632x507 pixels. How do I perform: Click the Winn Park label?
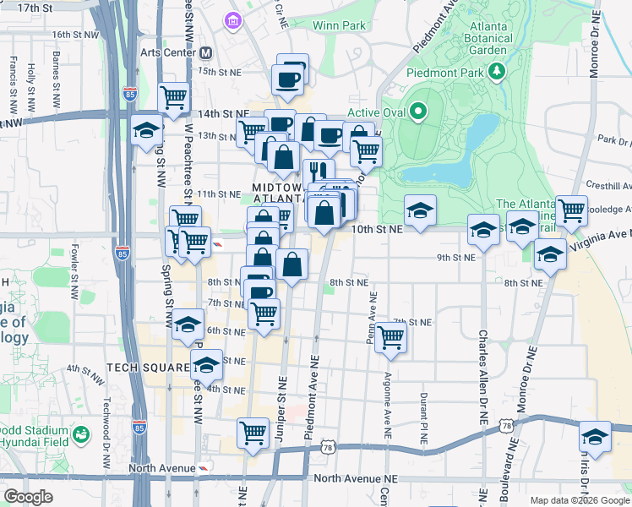coord(339,25)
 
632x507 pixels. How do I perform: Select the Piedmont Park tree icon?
coord(498,70)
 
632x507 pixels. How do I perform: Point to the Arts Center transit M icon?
coord(205,52)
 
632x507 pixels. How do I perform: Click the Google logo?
coord(28,496)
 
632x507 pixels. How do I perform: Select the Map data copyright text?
coord(580,500)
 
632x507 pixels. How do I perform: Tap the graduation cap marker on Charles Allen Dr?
coord(484,228)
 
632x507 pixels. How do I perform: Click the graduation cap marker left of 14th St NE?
coord(146,130)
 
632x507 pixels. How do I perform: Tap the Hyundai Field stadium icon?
coord(81,435)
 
